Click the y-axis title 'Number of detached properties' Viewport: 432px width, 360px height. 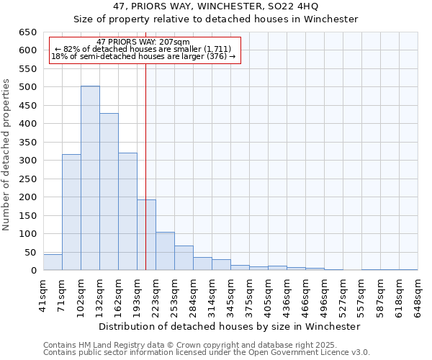click(8, 155)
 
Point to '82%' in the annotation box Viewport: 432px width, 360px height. click(71, 49)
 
